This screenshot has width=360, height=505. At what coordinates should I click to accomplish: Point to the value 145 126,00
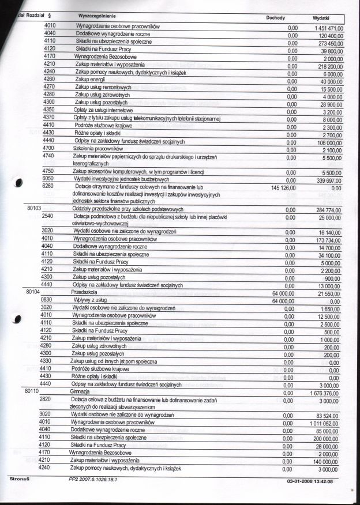(283, 187)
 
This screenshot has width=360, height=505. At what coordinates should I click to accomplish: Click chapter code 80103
(36, 209)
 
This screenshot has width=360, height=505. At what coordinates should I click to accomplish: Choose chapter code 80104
(36, 292)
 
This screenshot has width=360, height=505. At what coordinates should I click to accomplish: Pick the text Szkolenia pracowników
(95, 148)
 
